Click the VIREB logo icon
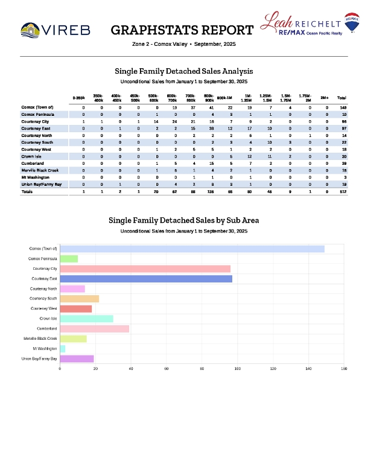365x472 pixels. (x=31, y=30)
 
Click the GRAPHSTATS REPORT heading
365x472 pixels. (x=182, y=30)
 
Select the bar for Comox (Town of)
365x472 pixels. (x=192, y=249)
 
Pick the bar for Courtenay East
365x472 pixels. (x=146, y=279)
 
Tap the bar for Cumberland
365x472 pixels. (x=95, y=329)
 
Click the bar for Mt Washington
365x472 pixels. (x=63, y=349)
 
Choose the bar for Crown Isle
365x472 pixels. (x=87, y=319)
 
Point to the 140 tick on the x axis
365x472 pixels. (x=308, y=368)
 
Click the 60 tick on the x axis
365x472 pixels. (x=167, y=368)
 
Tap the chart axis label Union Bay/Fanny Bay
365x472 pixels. (x=40, y=359)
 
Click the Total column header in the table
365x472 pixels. (x=341, y=98)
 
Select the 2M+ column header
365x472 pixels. (x=325, y=98)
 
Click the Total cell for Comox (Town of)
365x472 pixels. (x=341, y=107)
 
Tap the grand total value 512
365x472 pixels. (x=341, y=191)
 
